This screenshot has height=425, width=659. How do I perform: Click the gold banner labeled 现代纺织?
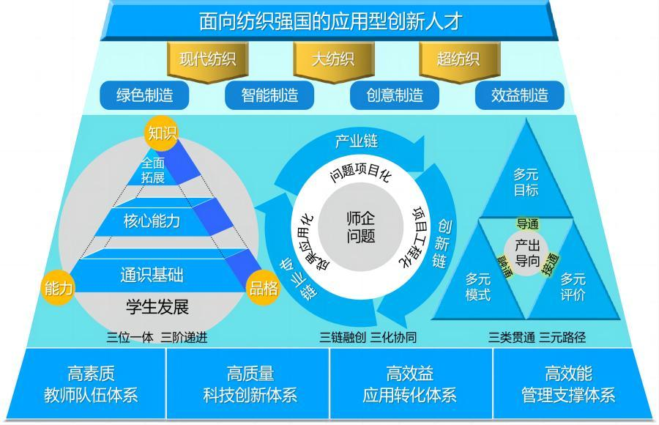pos(208,61)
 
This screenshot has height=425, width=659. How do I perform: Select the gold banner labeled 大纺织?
pos(334,61)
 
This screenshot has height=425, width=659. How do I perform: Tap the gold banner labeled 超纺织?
pos(459,61)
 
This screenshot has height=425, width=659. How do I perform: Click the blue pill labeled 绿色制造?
pos(144,95)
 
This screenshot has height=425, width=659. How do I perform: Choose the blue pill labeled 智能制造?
pos(269,95)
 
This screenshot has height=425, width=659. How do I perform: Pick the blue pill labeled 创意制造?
pos(395,95)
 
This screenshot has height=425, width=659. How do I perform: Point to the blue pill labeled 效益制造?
pos(519,95)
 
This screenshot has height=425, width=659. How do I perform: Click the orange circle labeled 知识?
pos(162,133)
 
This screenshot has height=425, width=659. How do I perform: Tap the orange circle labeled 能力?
pos(58,288)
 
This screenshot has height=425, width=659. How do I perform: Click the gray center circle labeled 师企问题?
pos(360,227)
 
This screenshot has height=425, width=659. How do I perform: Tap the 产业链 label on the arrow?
pos(357,141)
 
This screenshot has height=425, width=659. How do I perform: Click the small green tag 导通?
pos(527,224)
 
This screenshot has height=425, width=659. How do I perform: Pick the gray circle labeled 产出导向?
pos(527,252)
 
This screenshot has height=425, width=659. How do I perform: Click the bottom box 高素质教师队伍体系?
pos(91,384)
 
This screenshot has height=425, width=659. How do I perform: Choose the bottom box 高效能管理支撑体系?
pos(568,384)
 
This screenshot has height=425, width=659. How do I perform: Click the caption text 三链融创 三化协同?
pos(368,337)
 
